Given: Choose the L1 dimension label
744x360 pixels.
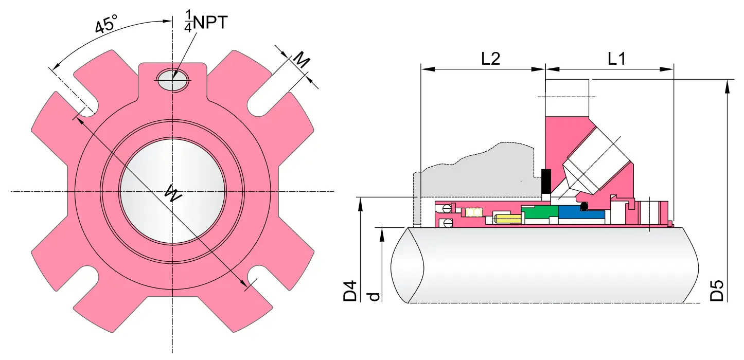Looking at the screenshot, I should (x=616, y=59).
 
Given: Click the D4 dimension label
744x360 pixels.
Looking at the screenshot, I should (x=350, y=291).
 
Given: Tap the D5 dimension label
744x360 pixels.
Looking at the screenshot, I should (x=717, y=291).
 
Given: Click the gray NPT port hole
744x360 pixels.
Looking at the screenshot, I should (x=173, y=80).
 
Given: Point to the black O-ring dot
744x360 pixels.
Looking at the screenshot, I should (x=583, y=207).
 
